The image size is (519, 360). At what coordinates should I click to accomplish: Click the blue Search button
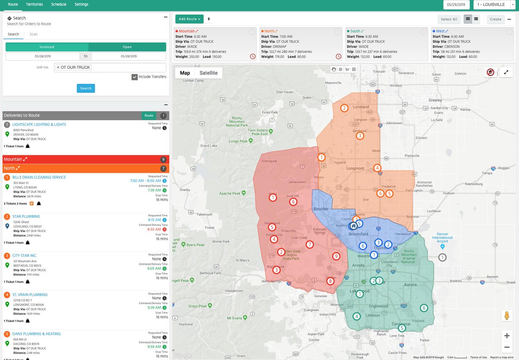(x=86, y=88)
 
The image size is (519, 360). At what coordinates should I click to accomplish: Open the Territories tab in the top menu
(x=35, y=4)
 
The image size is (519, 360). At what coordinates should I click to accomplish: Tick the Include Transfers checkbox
(x=135, y=77)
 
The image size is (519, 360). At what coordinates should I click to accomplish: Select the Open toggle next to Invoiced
(x=127, y=47)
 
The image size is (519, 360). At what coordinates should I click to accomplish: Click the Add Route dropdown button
(x=189, y=19)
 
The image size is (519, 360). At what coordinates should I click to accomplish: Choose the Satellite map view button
(x=208, y=73)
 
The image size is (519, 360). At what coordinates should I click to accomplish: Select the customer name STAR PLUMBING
(x=26, y=216)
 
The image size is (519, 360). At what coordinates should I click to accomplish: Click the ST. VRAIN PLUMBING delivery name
(x=30, y=295)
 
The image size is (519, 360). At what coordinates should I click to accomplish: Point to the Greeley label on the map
(x=435, y=100)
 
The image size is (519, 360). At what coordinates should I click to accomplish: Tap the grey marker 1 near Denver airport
(x=442, y=257)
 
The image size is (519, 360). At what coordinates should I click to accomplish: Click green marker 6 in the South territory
(x=424, y=308)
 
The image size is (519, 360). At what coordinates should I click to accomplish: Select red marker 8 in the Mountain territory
(x=330, y=281)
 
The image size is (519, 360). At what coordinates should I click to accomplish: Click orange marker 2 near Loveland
(x=344, y=108)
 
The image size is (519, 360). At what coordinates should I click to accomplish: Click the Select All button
(x=449, y=19)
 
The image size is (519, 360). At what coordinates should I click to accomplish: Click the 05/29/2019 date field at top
(x=457, y=4)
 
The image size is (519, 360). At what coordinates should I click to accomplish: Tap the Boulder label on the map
(x=320, y=209)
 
